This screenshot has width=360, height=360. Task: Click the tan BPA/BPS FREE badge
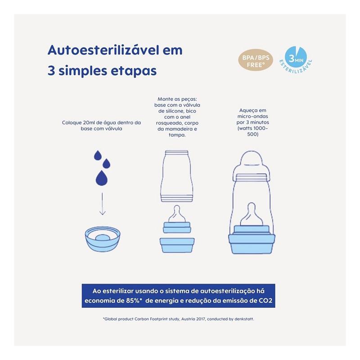pyautogui.click(x=256, y=60)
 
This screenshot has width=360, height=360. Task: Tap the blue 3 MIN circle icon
pyautogui.click(x=296, y=58)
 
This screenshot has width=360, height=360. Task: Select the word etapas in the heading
pyautogui.click(x=134, y=71)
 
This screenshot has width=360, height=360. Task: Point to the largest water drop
pyautogui.click(x=102, y=178)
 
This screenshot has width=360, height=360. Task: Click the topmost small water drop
pyautogui.click(x=98, y=155)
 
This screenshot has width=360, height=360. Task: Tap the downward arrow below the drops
pyautogui.click(x=103, y=204)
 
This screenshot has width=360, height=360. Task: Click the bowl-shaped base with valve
pyautogui.click(x=103, y=239)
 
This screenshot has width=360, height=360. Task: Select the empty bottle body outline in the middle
pyautogui.click(x=176, y=176)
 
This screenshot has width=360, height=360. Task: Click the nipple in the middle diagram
pyautogui.click(x=177, y=214)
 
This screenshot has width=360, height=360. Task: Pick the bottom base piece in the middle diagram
pyautogui.click(x=177, y=245)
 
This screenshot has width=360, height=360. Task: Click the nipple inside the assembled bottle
pyautogui.click(x=252, y=214)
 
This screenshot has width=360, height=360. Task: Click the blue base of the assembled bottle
pyautogui.click(x=252, y=243)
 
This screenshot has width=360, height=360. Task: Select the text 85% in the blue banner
pyautogui.click(x=133, y=301)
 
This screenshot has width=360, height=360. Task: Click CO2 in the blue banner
pyautogui.click(x=265, y=301)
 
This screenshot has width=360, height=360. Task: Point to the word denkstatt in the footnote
pyautogui.click(x=244, y=319)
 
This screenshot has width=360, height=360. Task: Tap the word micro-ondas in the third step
pyautogui.click(x=252, y=117)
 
